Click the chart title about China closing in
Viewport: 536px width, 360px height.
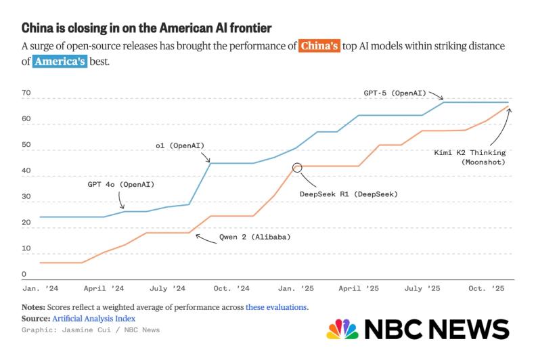[147, 28]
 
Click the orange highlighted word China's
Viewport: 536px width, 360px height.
[319, 47]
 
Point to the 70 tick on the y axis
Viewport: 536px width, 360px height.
[26, 92]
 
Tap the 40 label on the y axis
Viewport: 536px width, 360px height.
[26, 171]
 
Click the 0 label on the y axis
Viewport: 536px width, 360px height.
[24, 274]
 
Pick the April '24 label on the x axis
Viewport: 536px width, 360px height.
[104, 288]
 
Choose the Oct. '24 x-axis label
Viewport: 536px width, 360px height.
[231, 288]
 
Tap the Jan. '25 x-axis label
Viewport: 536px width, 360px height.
[294, 288]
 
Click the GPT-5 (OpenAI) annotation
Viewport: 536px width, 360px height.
[395, 91]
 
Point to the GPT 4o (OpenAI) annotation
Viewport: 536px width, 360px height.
[121, 184]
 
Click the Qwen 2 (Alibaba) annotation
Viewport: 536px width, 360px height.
[254, 238]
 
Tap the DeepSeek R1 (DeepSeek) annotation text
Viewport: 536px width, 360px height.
[349, 194]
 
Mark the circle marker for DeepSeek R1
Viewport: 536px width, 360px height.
[296, 167]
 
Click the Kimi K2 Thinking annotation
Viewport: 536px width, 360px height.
[470, 157]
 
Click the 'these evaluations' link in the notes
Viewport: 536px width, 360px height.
[276, 307]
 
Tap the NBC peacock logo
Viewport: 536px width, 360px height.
[342, 330]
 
